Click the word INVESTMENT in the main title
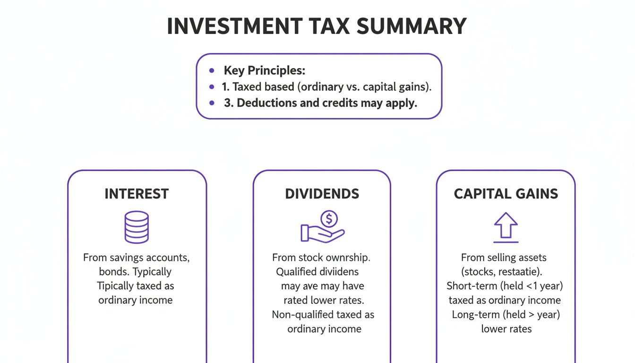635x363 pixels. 235,26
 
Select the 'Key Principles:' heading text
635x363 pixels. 265,71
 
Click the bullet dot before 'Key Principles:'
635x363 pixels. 212,71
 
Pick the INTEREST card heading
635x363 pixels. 137,194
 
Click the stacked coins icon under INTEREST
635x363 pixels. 136,227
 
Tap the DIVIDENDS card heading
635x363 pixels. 322,194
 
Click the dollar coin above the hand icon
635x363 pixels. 329,219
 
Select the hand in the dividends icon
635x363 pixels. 321,233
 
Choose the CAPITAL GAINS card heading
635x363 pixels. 506,194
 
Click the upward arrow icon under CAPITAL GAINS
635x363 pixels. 506,226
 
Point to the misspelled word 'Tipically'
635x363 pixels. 116,286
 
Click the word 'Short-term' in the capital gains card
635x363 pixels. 470,286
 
